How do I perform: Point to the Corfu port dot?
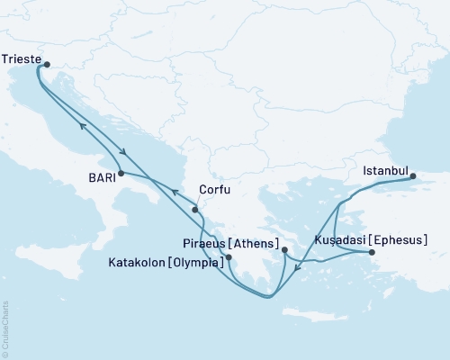pyautogui.click(x=195, y=210)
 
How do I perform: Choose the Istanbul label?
pyautogui.click(x=385, y=170)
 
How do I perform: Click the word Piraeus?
pyautogui.click(x=210, y=241)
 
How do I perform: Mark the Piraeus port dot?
pyautogui.click(x=284, y=249)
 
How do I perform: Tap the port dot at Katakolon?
pyautogui.click(x=229, y=257)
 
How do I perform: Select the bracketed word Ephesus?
pyautogui.click(x=395, y=240)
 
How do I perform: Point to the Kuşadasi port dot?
pyautogui.click(x=373, y=253)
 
